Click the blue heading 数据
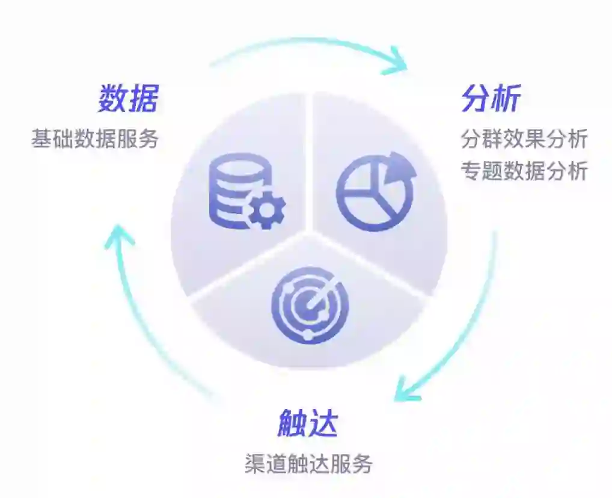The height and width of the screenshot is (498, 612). tap(128, 99)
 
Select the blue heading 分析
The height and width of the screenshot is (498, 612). tap(491, 99)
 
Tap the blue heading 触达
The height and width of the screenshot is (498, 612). tap(308, 424)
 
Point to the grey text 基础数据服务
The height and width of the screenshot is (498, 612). tap(95, 139)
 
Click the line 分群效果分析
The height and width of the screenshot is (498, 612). tap(524, 139)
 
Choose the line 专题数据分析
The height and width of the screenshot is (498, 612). tap(524, 171)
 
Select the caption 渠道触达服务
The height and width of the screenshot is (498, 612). tap(308, 464)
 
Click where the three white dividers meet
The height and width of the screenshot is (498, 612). tap(309, 232)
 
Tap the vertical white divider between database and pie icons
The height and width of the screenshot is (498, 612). tap(309, 162)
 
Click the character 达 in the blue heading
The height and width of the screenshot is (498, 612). tap(323, 424)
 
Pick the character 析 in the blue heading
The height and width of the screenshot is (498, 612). tap(506, 99)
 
